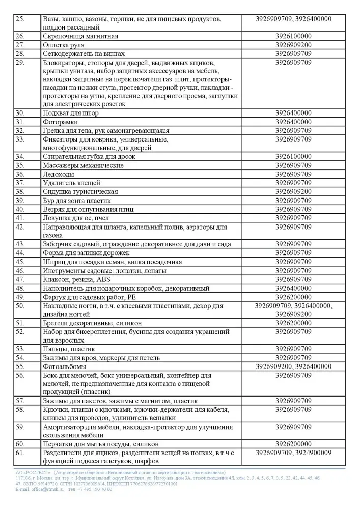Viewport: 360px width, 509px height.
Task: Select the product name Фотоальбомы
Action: [x=64, y=366]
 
